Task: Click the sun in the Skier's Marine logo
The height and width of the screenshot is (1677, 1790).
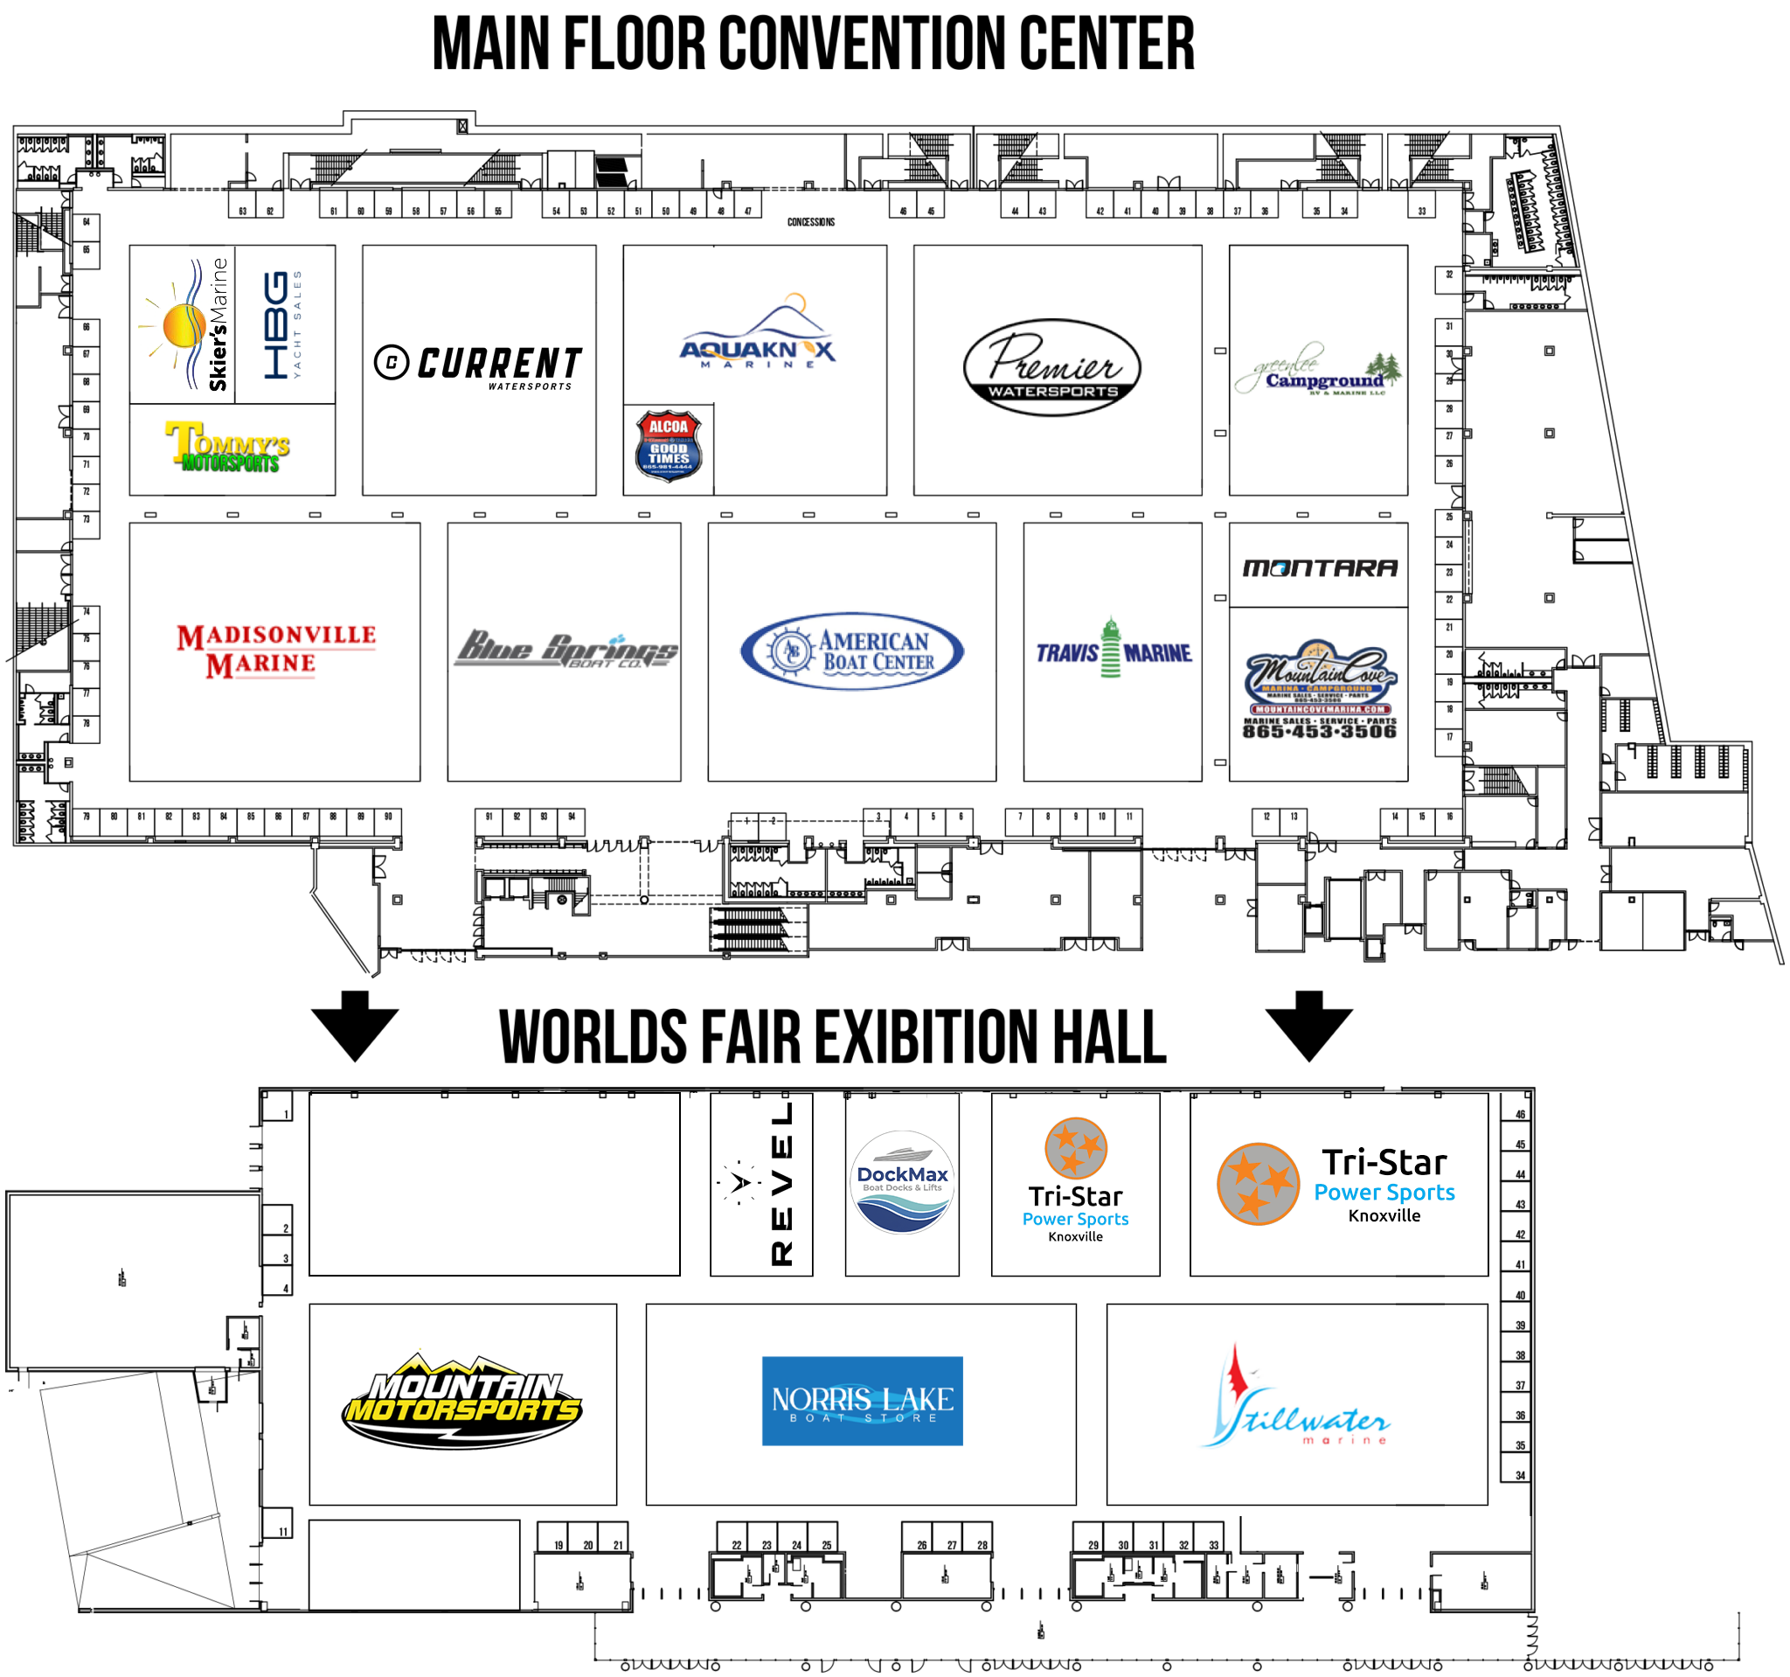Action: [183, 325]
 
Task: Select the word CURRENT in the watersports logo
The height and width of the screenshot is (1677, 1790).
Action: [498, 363]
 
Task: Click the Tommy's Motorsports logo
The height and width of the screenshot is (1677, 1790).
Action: [228, 446]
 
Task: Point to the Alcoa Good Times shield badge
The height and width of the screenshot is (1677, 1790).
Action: [668, 446]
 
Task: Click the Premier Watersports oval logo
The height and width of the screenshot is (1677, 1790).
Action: [1051, 367]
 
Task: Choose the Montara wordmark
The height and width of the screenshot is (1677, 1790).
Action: [1320, 567]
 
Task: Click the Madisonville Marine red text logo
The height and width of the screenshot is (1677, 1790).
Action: [274, 650]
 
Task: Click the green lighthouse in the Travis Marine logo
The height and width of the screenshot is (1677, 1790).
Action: [1111, 646]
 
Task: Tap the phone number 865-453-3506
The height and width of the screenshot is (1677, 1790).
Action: [1319, 731]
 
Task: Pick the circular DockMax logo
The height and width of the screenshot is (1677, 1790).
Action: [901, 1181]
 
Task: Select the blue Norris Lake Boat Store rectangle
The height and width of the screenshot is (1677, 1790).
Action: [862, 1401]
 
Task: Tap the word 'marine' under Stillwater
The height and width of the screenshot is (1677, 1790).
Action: [1343, 1441]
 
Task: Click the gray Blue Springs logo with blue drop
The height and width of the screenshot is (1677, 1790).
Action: [565, 650]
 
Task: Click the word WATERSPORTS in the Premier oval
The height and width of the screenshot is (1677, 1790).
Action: [1052, 392]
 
